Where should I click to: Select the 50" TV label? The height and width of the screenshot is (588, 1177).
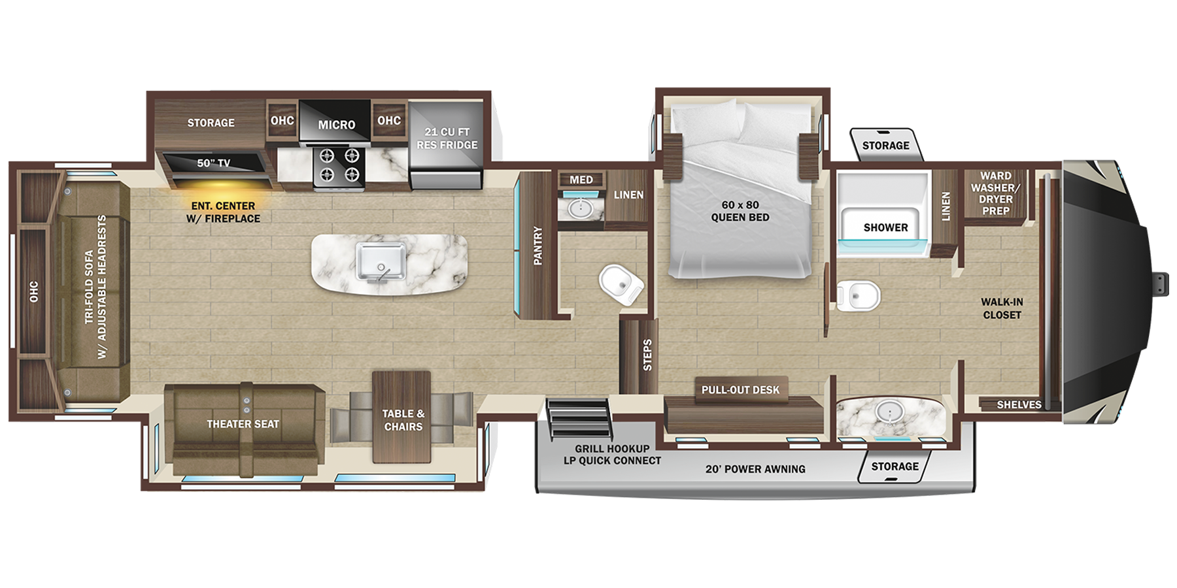tap(213, 163)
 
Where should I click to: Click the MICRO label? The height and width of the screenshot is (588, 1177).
tap(337, 124)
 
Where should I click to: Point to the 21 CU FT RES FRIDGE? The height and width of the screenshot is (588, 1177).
tap(447, 139)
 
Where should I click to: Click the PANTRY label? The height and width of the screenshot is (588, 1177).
tap(537, 246)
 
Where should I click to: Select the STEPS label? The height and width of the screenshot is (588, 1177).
tap(647, 355)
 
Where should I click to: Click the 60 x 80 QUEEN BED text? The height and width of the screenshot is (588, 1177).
tap(740, 211)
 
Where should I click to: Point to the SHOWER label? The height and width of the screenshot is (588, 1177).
tap(885, 227)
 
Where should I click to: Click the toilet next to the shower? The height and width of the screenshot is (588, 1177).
tap(859, 295)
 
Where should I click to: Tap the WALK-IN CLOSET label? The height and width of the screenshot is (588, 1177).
tap(1001, 308)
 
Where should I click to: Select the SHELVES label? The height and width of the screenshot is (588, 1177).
tap(1019, 404)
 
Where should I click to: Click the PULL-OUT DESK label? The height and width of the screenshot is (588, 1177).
tap(740, 390)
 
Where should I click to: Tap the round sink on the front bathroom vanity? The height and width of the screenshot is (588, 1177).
tap(889, 412)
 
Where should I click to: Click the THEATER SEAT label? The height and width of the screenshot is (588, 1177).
tap(243, 424)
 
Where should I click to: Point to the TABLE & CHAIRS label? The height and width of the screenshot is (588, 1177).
tap(403, 420)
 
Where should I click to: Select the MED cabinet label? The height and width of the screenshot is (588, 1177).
tap(581, 180)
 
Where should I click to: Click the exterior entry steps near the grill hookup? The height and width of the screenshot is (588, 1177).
tap(579, 418)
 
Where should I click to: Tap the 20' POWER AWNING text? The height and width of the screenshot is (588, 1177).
tap(755, 469)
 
